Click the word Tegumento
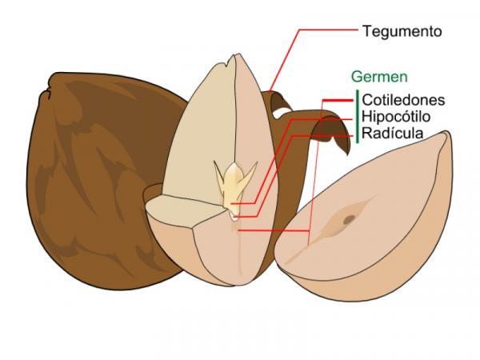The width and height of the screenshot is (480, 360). click(x=402, y=32)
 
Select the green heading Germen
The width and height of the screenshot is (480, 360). click(x=379, y=78)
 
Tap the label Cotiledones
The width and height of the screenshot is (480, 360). click(x=403, y=101)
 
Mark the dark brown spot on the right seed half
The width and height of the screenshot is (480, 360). click(x=350, y=218)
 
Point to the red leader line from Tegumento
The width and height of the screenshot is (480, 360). click(x=320, y=32)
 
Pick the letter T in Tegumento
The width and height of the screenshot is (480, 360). click(x=366, y=32)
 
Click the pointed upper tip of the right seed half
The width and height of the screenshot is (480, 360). click(x=445, y=134)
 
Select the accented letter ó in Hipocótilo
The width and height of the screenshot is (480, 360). click(x=410, y=117)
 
